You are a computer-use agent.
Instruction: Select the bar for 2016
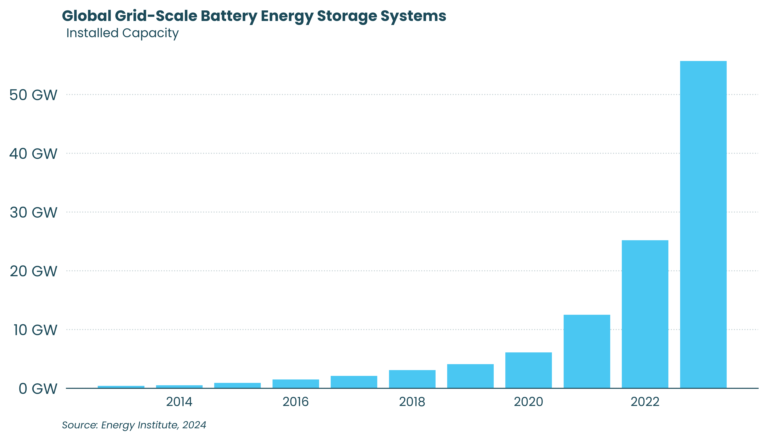click(x=296, y=384)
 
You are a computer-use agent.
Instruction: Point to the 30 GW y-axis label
click(x=33, y=212)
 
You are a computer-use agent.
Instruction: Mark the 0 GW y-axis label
click(x=38, y=389)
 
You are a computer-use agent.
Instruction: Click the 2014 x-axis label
click(x=179, y=402)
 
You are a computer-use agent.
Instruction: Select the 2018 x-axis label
click(x=412, y=402)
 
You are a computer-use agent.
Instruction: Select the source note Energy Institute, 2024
click(x=154, y=425)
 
